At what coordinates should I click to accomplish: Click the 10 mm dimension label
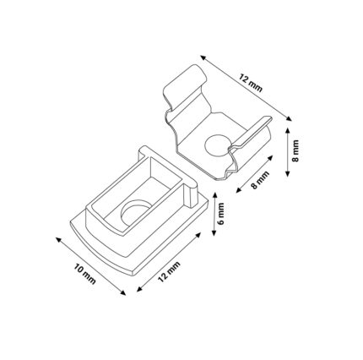[x=84, y=274]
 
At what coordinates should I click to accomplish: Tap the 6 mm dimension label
[x=221, y=214]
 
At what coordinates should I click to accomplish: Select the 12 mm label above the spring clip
[x=251, y=83]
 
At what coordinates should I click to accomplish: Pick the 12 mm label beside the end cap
[x=169, y=272]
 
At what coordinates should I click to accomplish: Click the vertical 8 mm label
[x=295, y=151]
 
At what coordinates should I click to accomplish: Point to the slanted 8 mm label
[x=260, y=180]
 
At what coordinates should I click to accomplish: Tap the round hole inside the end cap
[x=136, y=212]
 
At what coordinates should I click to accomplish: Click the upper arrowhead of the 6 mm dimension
[x=214, y=195]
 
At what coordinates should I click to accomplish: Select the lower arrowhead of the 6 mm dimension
[x=214, y=232]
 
